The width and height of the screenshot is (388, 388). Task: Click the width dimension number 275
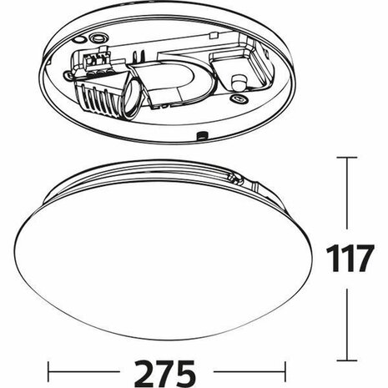tap(173, 368)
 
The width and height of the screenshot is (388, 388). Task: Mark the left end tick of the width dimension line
tap(48, 368)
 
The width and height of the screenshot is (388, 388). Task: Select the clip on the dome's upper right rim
tap(236, 178)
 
